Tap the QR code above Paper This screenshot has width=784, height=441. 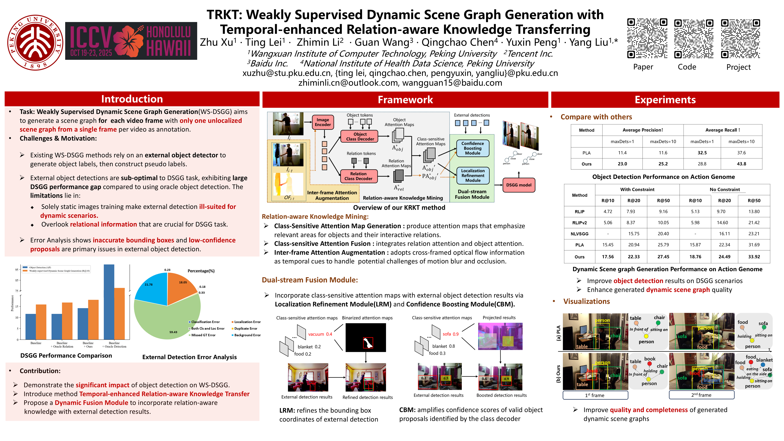(x=647, y=38)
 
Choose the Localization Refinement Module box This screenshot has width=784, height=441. (x=473, y=176)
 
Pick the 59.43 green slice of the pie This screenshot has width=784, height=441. (x=164, y=323)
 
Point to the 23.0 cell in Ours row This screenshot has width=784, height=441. (x=622, y=164)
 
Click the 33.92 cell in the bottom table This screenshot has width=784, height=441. (x=754, y=257)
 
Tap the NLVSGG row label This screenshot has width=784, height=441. (x=579, y=234)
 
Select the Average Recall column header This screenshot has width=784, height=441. (x=723, y=130)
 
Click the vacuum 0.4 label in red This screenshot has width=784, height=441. (x=320, y=334)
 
